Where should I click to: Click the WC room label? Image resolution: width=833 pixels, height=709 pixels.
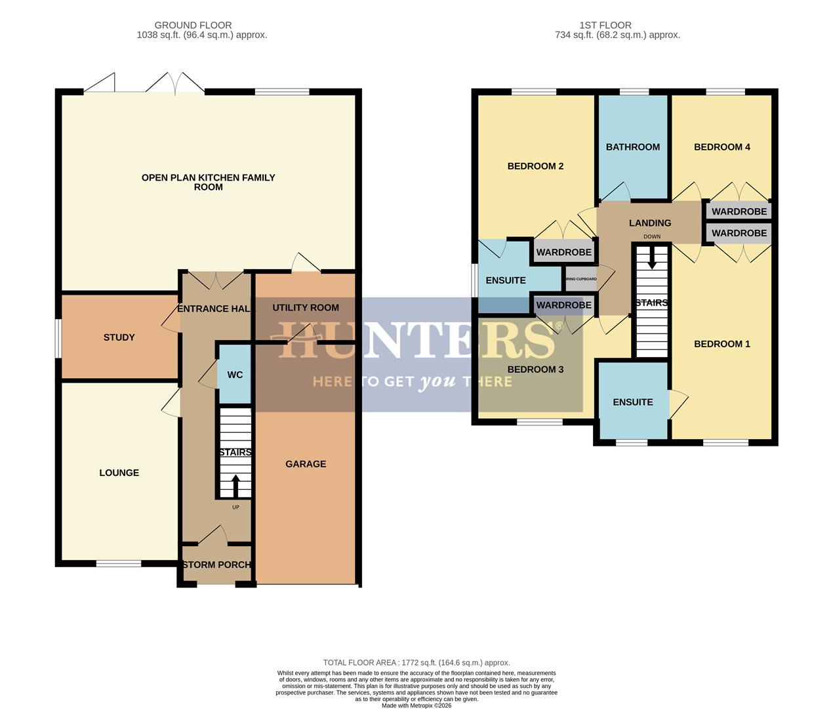235,375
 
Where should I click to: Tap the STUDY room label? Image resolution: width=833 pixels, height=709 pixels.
119,337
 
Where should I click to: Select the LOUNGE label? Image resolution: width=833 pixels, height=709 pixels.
119,473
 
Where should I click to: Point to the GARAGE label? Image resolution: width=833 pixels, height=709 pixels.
306,464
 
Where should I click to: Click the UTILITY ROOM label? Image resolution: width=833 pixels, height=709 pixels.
306,308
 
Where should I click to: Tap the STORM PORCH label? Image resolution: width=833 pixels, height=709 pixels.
216,565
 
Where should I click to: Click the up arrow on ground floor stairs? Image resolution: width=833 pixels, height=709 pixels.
235,485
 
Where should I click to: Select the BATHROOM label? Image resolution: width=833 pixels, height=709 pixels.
633,147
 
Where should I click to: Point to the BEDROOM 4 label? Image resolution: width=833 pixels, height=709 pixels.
722,147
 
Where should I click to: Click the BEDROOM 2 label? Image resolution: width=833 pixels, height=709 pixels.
535,166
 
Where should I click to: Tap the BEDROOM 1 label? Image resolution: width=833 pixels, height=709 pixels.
722,344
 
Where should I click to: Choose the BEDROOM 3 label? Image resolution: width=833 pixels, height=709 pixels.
535,370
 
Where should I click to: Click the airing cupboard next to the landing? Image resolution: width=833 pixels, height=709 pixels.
581,279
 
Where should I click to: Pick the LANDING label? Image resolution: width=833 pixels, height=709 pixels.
650,223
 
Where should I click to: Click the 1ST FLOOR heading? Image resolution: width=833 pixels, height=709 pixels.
605,26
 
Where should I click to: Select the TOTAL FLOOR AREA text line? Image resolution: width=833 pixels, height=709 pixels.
416,663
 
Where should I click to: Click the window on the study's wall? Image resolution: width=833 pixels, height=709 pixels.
58,338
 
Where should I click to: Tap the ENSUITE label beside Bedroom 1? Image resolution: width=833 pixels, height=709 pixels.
633,402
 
